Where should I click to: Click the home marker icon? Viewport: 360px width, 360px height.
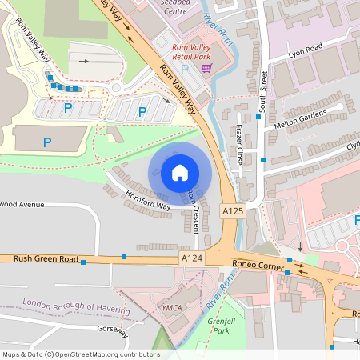click(x=180, y=172)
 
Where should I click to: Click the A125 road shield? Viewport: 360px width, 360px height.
click(x=231, y=210)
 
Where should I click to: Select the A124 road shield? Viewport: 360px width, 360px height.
click(x=191, y=258)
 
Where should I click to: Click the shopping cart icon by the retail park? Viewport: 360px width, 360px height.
click(x=206, y=69)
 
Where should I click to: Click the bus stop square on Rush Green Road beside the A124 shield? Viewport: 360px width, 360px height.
click(x=124, y=256)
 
